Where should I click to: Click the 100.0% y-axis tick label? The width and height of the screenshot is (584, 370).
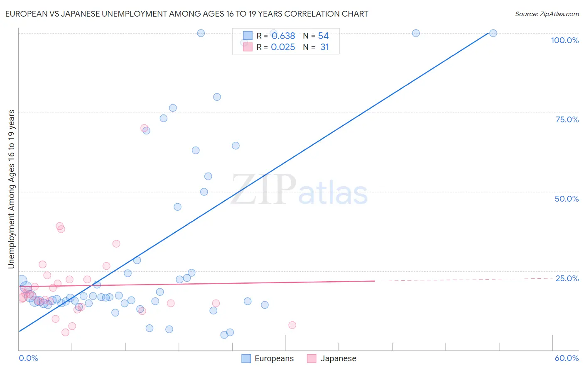564,40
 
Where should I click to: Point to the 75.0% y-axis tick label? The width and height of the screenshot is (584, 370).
567,119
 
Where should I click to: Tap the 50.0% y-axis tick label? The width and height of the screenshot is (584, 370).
567,199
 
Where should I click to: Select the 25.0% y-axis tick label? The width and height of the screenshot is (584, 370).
567,278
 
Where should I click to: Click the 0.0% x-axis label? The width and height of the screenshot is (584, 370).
28,358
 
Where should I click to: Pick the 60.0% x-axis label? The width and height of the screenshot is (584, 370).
567,358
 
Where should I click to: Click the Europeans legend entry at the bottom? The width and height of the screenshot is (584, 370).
268,358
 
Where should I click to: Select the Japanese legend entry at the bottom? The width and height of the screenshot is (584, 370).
332,358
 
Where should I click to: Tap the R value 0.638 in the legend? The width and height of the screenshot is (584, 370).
283,36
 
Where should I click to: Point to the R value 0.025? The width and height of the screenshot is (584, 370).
283,47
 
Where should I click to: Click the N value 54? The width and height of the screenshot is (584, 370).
323,36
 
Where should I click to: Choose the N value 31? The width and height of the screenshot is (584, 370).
324,47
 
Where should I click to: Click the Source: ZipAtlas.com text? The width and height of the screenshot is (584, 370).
547,14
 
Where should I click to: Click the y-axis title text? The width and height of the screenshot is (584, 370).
12,189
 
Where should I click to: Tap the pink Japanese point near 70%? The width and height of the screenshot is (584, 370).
144,128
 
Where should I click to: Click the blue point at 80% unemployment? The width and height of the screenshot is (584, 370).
217,97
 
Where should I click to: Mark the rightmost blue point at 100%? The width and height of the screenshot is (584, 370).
493,33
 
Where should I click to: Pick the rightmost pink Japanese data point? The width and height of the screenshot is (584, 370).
292,325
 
